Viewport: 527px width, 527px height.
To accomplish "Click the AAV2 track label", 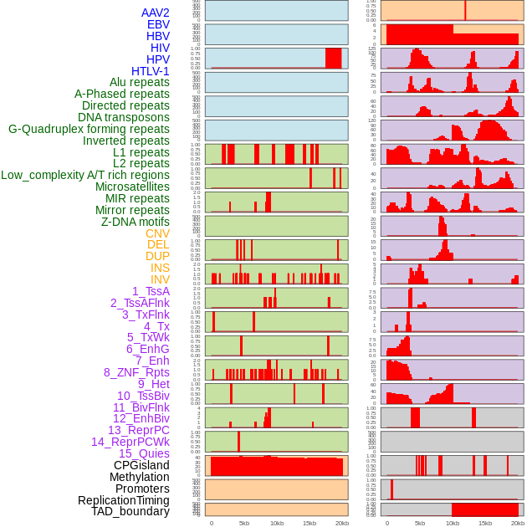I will [x=155, y=13].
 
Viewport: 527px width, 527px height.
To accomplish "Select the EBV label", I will [x=158, y=25].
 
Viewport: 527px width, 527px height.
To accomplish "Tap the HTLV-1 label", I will [x=151, y=71].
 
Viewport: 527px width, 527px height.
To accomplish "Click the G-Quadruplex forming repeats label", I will [x=89, y=130].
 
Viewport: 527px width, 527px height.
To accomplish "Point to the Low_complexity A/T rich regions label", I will [x=85, y=176].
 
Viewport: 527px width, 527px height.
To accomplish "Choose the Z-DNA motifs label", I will [x=136, y=222].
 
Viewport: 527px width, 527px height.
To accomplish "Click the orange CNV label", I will [x=157, y=233].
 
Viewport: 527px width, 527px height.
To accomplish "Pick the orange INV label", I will [x=160, y=279].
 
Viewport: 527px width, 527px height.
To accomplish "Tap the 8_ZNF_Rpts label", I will [x=136, y=372].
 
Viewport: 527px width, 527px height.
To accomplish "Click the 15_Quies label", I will [x=144, y=453].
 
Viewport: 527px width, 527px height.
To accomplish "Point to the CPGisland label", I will [x=141, y=465].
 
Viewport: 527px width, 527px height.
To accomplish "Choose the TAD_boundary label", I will [x=130, y=511].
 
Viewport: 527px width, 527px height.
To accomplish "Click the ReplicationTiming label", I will [x=123, y=500].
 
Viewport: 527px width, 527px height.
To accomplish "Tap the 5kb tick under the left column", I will [x=244, y=523].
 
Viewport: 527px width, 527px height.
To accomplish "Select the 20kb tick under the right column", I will [x=518, y=523].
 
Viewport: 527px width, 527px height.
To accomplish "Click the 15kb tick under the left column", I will [x=309, y=523].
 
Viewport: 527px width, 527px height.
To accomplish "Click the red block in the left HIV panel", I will [x=333, y=58].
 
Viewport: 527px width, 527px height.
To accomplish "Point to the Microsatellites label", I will [x=132, y=187].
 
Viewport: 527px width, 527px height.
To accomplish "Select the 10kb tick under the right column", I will [x=453, y=523].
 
